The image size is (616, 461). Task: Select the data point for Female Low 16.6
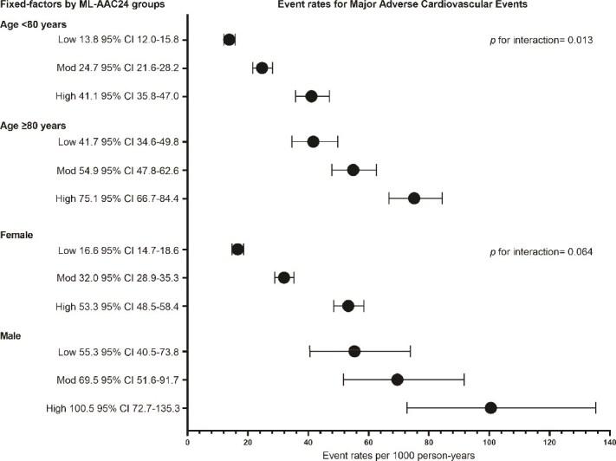(238, 250)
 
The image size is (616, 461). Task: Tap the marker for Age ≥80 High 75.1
(414, 198)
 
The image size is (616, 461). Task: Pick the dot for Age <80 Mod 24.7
(263, 68)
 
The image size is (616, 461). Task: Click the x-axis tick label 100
(490, 443)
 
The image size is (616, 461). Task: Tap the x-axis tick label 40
(308, 443)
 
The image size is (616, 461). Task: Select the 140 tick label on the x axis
(610, 443)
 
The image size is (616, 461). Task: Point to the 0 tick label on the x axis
(188, 443)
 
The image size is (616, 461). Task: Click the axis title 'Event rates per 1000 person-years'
(399, 454)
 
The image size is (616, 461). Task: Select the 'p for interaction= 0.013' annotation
(540, 41)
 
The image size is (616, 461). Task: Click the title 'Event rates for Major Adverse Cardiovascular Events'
(399, 7)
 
